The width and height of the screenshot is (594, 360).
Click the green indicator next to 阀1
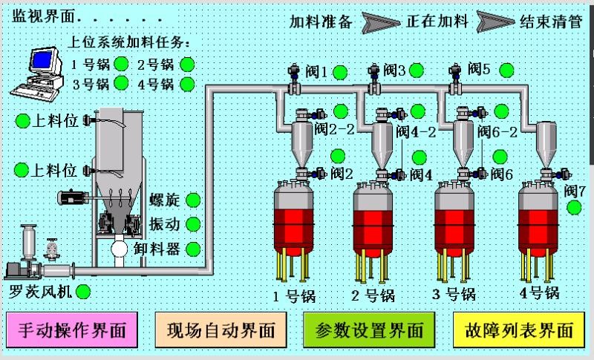coord(339,72)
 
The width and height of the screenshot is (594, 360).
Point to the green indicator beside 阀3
coord(417,71)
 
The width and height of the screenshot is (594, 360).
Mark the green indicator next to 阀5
coord(506,71)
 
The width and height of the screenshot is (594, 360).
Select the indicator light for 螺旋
coord(193,200)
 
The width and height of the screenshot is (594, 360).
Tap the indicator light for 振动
coord(193,224)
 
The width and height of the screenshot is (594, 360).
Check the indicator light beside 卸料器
coord(193,249)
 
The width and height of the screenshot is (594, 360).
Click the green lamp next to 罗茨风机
coord(83,291)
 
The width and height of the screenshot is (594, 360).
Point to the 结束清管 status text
coord(550,22)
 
